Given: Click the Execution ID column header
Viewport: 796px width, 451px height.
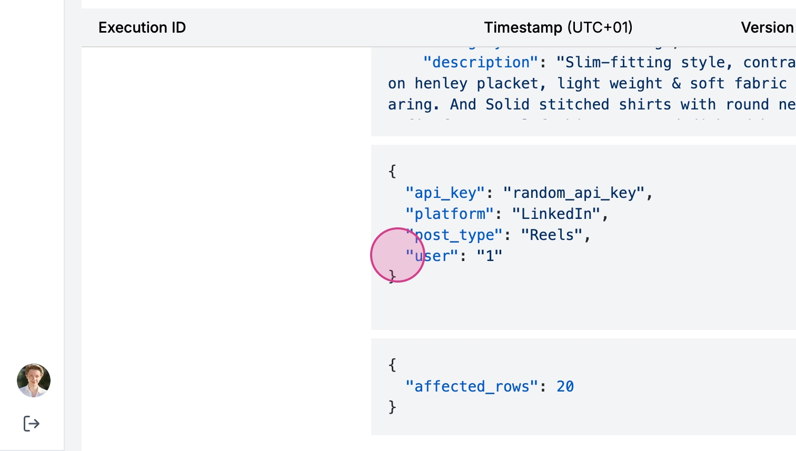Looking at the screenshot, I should click(x=142, y=27).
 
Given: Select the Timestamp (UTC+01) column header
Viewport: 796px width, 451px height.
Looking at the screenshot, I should click(x=558, y=27).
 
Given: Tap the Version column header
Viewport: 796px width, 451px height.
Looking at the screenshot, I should click(x=767, y=27).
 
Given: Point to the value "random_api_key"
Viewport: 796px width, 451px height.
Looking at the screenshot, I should click(x=573, y=193).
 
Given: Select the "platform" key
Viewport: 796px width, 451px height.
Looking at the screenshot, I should click(x=450, y=214).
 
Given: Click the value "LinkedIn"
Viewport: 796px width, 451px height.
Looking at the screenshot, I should click(x=556, y=214).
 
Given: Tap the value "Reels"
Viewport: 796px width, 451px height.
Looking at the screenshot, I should click(x=551, y=235).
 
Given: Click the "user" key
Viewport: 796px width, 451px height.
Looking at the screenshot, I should click(x=432, y=256).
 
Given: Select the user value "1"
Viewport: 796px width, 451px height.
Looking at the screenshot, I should click(x=490, y=256).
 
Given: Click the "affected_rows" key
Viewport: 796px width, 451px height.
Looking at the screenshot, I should click(x=472, y=387).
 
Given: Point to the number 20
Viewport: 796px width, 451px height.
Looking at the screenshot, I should click(x=565, y=387).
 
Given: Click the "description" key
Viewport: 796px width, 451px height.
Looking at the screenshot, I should click(x=481, y=63).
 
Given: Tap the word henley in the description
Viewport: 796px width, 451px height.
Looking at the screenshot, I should click(x=441, y=84).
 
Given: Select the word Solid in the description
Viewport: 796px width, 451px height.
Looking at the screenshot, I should click(x=507, y=105).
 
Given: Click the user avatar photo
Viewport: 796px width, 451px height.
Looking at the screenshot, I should click(x=34, y=380).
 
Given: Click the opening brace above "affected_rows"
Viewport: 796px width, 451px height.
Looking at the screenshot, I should click(x=392, y=365).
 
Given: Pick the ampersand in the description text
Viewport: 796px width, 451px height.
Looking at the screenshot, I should click(x=676, y=84).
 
